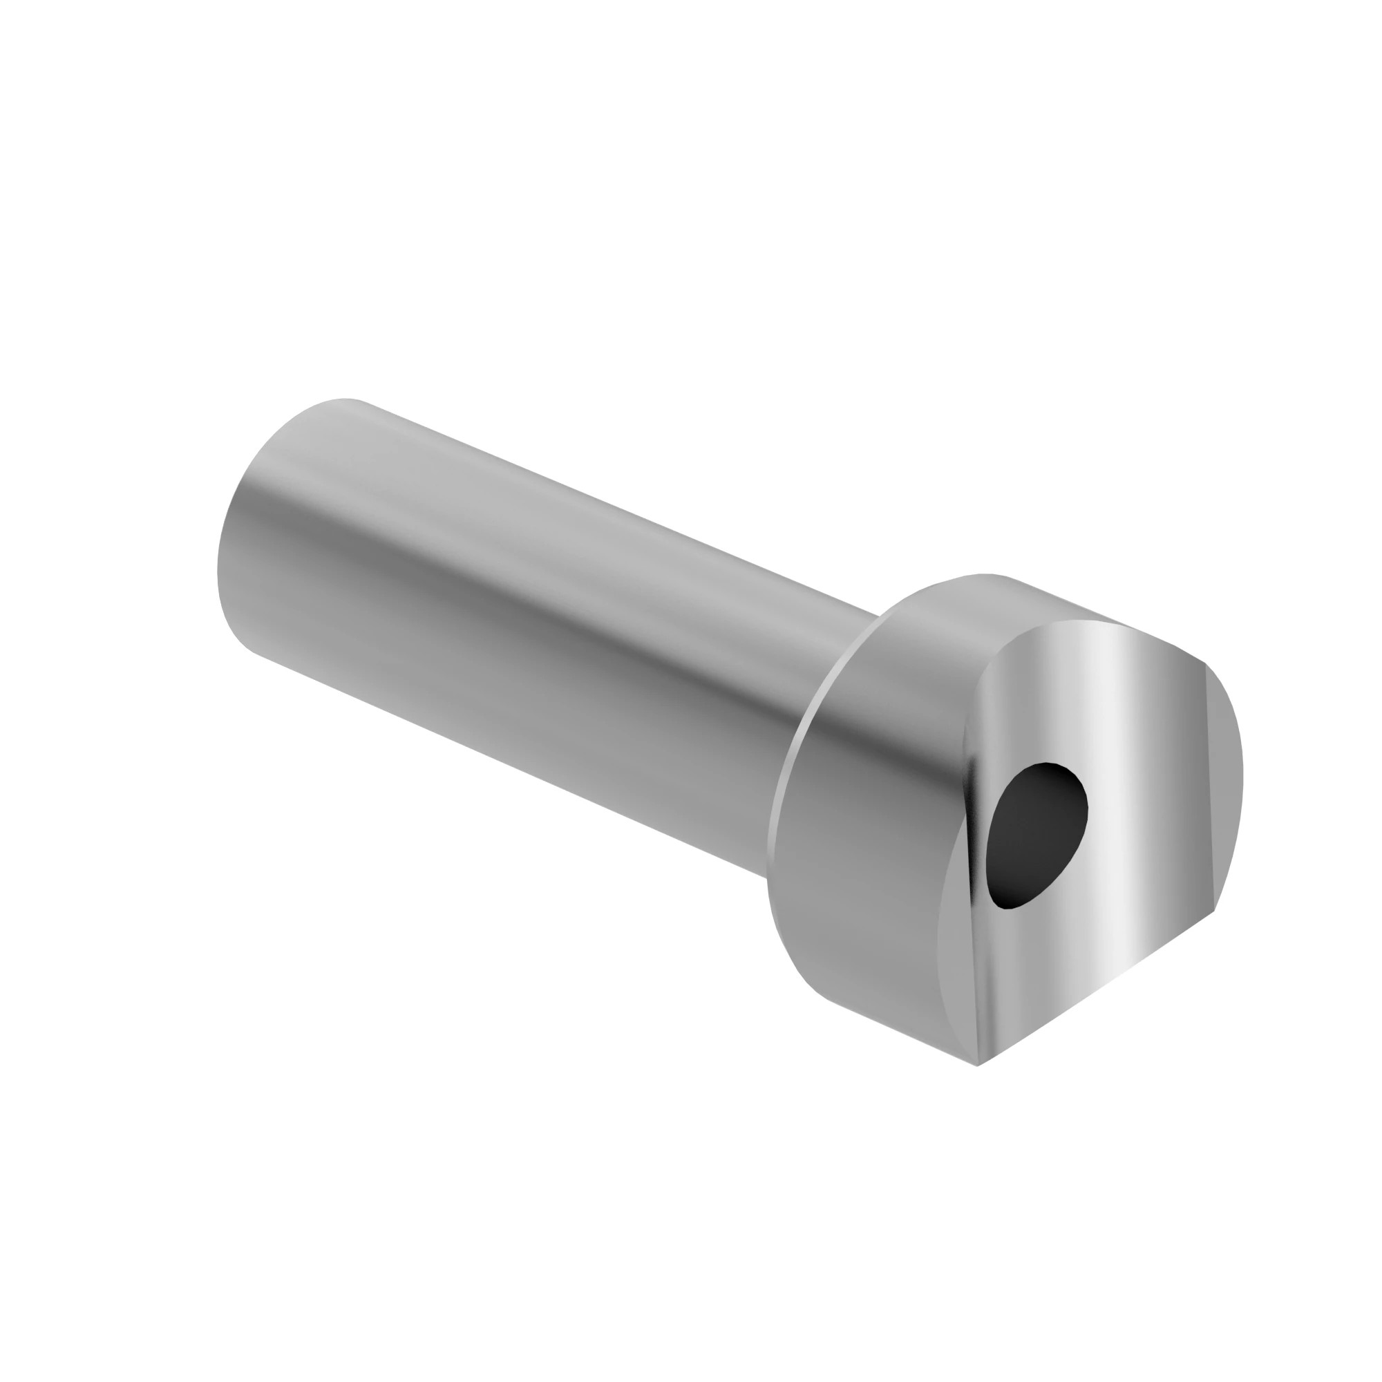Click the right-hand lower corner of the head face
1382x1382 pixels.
[1214, 912]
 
